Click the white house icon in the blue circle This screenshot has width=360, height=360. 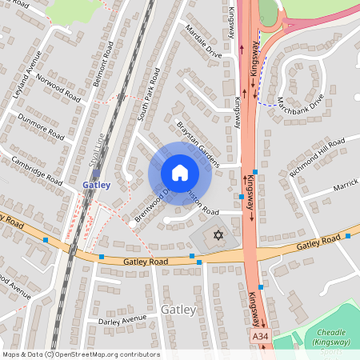180,173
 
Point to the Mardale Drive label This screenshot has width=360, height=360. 202,50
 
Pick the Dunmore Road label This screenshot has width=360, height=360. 42,127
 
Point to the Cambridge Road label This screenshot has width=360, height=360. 37,170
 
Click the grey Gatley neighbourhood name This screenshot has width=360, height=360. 178,309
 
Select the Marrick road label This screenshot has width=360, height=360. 346,186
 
